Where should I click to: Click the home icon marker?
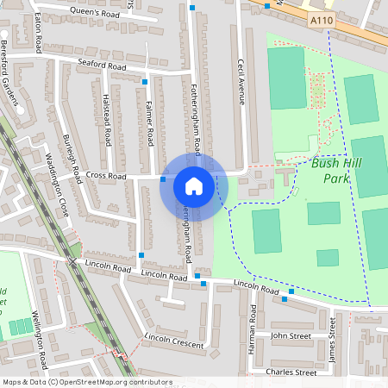coord(194,185)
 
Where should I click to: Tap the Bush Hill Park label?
coord(336,171)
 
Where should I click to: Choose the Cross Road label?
coord(106,176)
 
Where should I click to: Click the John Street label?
coord(291,335)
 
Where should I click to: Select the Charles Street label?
coord(291,372)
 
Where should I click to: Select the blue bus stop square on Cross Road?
coord(163,179)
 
